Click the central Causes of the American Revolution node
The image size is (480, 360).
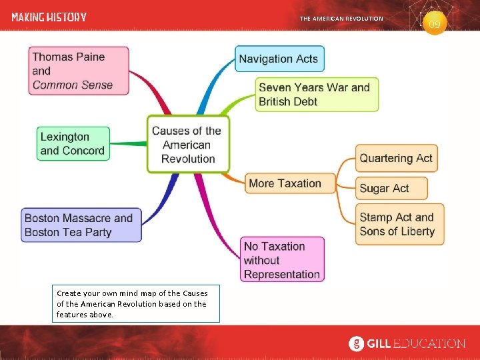(x=188, y=145)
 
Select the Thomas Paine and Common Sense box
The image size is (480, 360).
(x=79, y=71)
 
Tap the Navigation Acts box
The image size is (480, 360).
(x=279, y=59)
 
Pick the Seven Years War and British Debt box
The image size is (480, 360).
(x=317, y=94)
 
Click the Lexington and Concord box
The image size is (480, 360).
(x=73, y=143)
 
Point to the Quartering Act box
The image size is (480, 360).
(x=396, y=159)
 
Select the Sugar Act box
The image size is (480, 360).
(x=391, y=188)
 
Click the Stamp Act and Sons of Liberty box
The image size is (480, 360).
(x=399, y=224)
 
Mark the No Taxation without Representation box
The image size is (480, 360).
(x=282, y=259)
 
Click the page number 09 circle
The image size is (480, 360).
(x=435, y=24)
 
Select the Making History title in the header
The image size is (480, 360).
(x=49, y=17)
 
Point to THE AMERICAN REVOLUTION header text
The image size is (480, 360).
(x=341, y=19)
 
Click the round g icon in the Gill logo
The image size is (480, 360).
(x=357, y=344)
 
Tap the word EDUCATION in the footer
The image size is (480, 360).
(x=429, y=344)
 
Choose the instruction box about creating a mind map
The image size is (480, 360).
(x=137, y=303)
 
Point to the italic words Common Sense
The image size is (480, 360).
(x=73, y=85)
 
